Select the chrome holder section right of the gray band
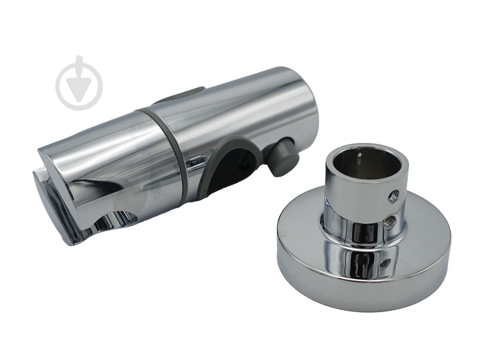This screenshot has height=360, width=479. [x=250, y=113]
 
